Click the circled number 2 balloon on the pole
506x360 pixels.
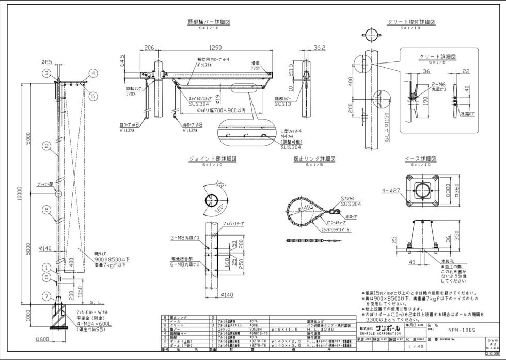click(x=46, y=147)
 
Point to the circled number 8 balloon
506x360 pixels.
click(x=46, y=210)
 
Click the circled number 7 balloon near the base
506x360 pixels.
click(x=46, y=296)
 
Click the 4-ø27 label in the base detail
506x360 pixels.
click(x=390, y=191)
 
